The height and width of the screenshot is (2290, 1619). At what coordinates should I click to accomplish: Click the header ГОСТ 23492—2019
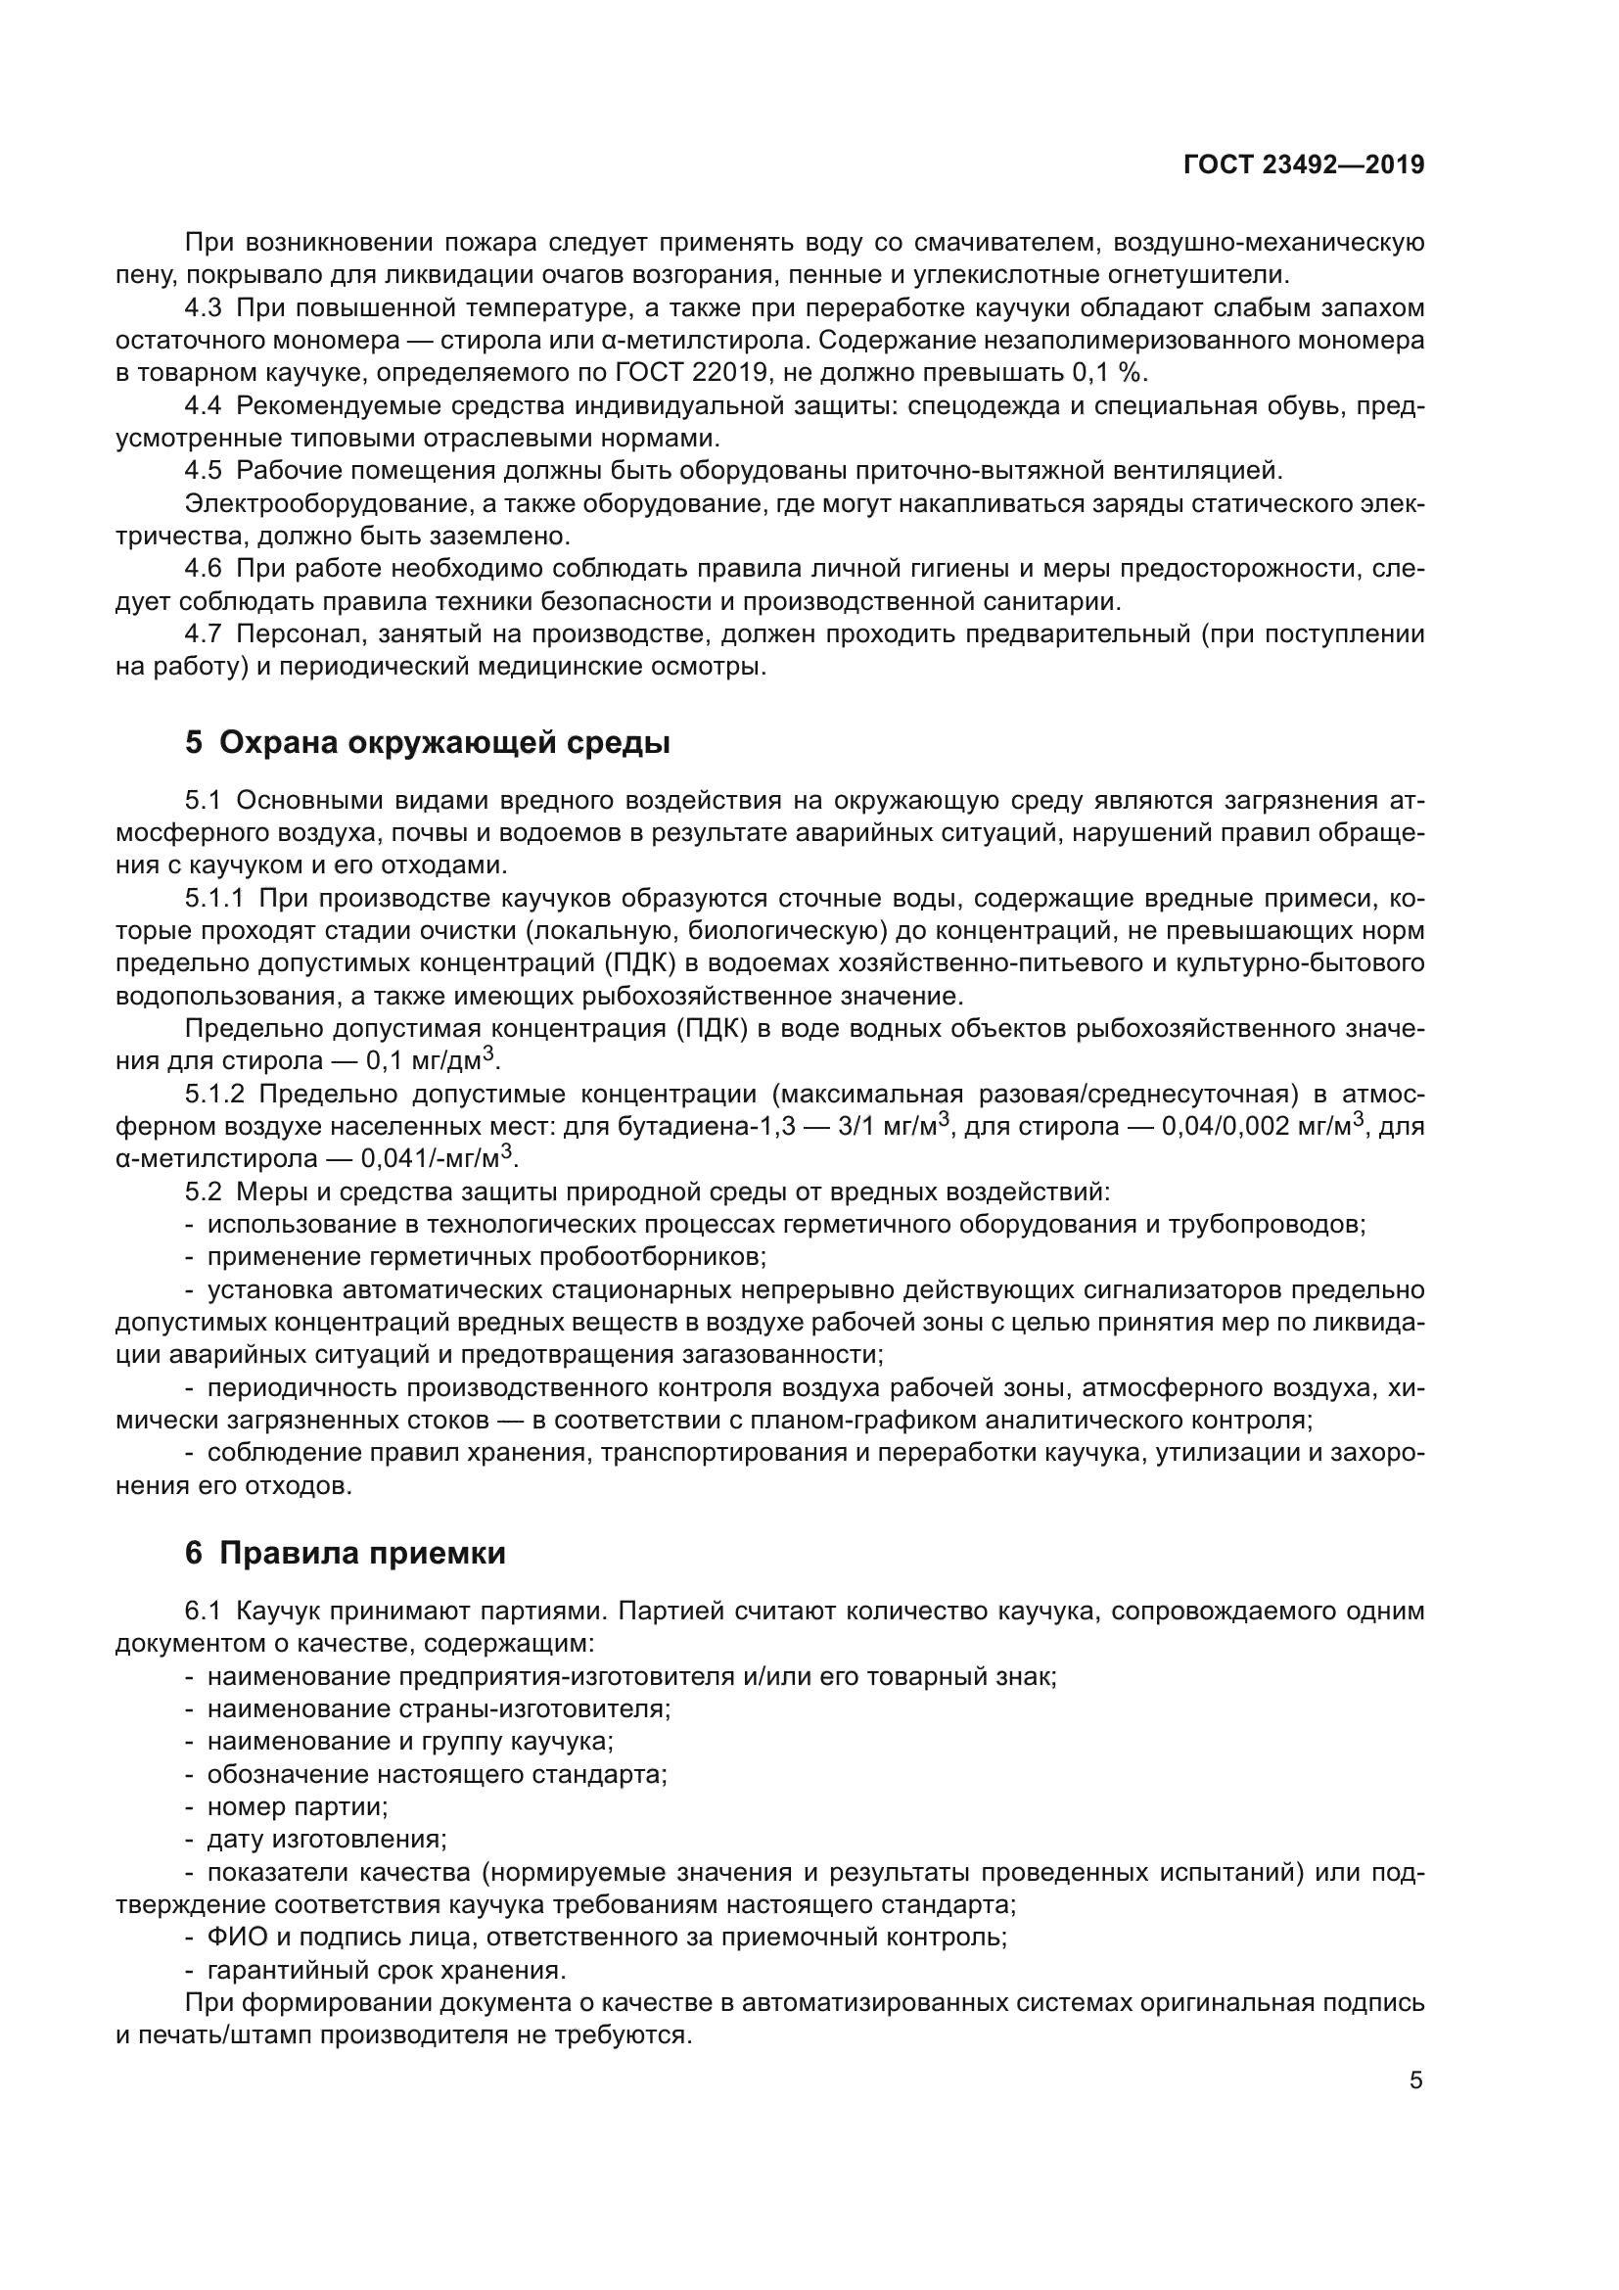[1303, 164]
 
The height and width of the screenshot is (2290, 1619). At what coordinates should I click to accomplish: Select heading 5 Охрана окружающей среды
[427, 743]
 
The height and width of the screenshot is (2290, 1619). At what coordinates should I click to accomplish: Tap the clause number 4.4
[204, 406]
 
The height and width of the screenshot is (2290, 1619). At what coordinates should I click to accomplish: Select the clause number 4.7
[204, 634]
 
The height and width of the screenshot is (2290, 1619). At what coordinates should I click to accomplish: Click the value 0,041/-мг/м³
[439, 1159]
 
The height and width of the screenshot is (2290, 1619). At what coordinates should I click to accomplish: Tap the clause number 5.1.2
[214, 1095]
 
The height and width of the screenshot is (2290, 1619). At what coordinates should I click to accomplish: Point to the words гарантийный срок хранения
[386, 1970]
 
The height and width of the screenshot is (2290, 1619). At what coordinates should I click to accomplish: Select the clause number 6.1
[204, 1612]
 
